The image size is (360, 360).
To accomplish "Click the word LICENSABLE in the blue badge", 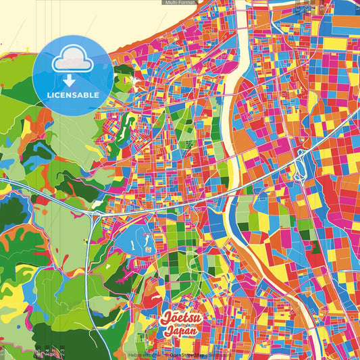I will [x=72, y=95].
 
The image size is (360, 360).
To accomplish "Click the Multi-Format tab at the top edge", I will [x=180, y=3].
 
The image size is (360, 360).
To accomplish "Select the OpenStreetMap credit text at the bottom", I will [x=189, y=355].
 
